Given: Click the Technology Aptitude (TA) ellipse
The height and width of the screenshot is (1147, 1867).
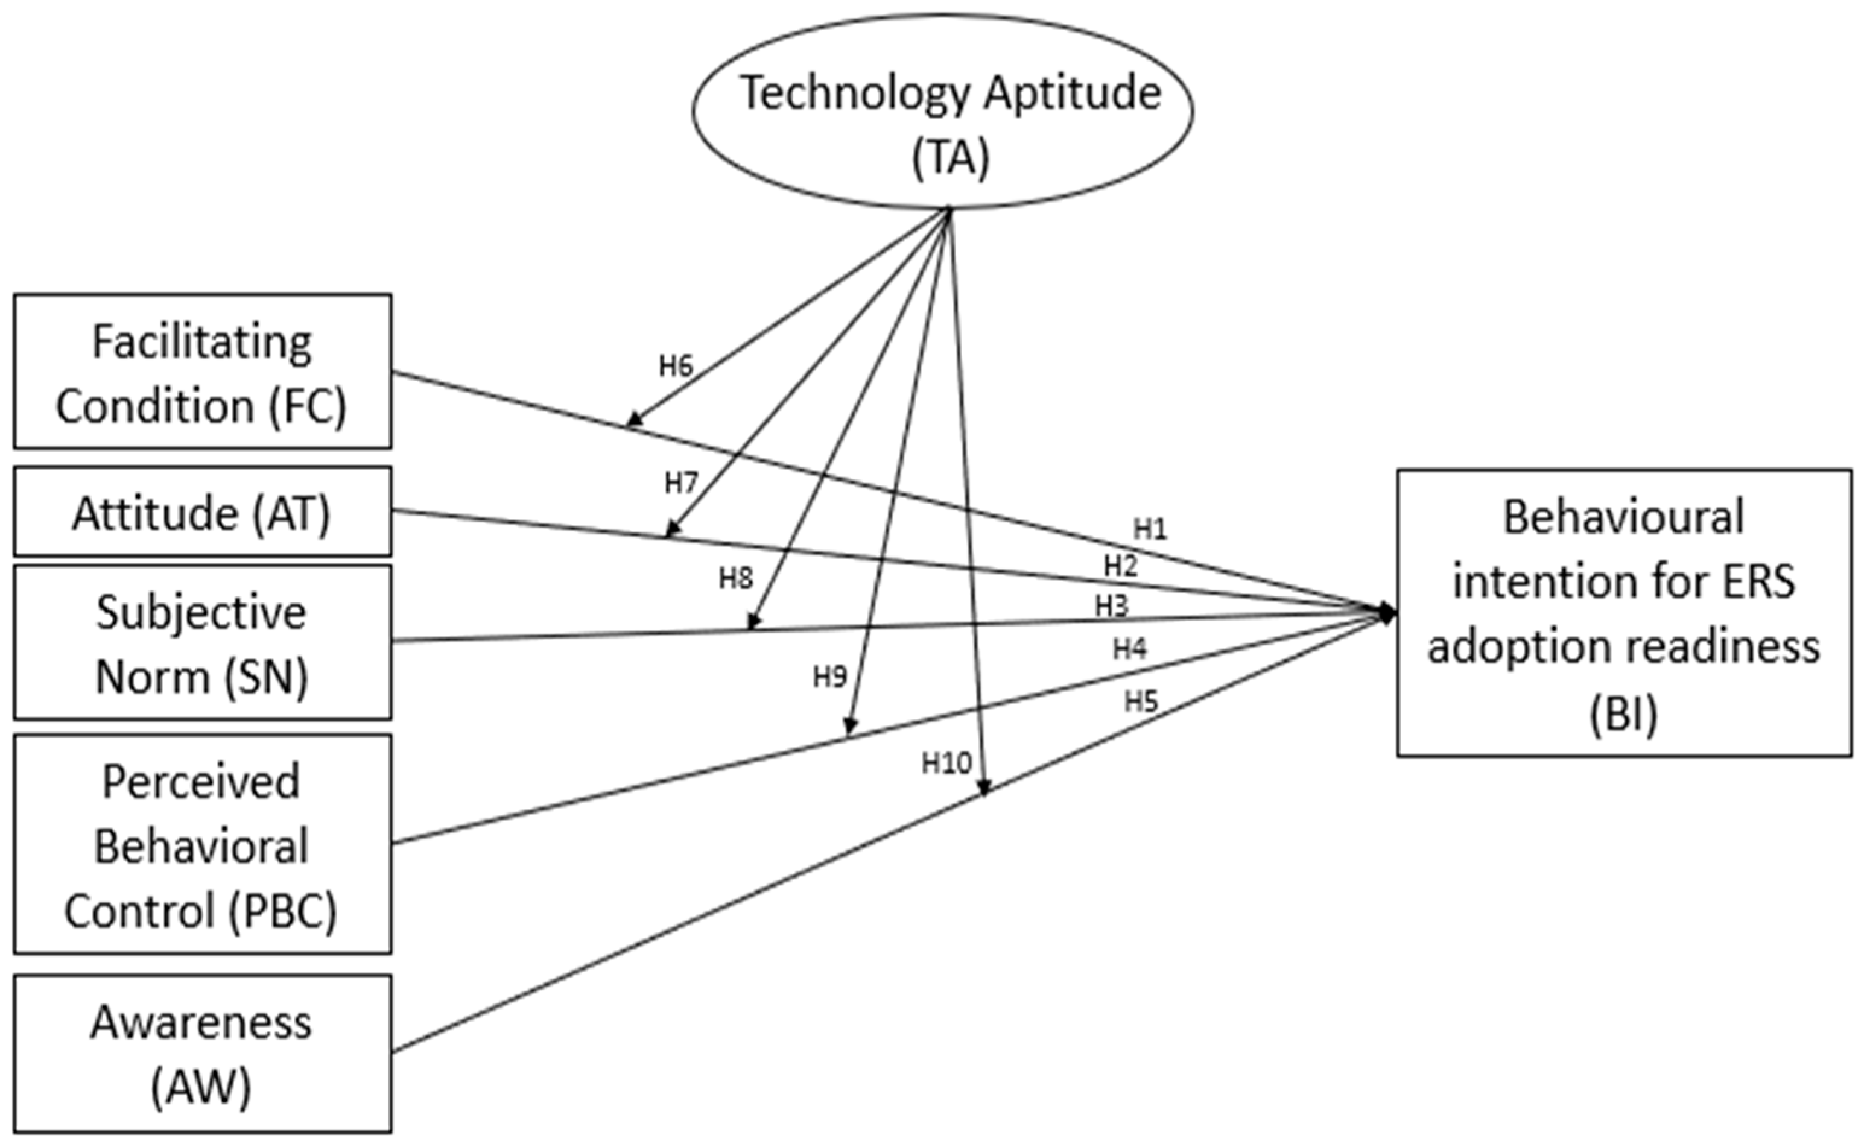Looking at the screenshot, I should tap(942, 111).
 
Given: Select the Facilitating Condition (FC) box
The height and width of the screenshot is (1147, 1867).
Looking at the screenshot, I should tap(203, 371).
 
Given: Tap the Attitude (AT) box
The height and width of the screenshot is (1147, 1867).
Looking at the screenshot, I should tap(203, 513).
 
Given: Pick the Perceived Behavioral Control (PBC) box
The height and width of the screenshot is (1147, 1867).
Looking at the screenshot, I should tap(203, 844).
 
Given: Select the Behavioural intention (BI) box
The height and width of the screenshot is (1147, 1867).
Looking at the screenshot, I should tap(1623, 613).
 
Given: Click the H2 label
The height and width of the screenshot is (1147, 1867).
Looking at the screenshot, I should tap(1121, 566).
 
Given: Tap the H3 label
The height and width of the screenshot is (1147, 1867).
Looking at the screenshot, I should tap(1111, 606).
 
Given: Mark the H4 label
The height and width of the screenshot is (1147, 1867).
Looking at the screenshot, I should tap(1130, 649).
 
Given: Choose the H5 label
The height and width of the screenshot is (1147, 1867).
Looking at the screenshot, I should tap(1141, 702).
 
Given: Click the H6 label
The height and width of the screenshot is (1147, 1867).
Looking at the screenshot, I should tap(675, 367).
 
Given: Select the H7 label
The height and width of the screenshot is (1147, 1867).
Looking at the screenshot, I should tap(680, 482).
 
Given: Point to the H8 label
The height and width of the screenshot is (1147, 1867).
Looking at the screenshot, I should tap(736, 579).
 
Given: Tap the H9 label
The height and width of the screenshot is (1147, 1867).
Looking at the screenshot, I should tap(829, 676).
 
